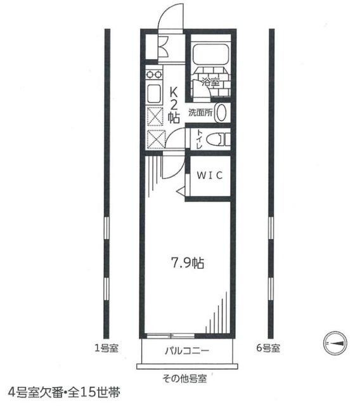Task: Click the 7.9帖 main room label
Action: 188,263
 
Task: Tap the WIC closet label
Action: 209,176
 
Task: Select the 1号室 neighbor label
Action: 105,348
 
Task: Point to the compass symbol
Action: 335,343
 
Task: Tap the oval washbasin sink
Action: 221,113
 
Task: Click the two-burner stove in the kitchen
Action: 153,74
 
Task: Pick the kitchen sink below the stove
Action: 154,95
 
